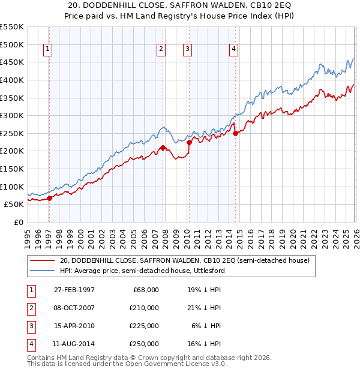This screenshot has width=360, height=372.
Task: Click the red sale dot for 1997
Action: [50, 198]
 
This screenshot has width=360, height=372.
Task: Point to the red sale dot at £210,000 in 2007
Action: [163, 148]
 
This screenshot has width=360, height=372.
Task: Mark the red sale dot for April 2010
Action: [189, 142]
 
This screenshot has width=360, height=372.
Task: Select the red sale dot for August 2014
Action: [235, 133]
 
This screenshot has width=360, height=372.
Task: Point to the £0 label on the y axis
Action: [19, 222]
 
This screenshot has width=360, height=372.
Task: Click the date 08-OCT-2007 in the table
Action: [74, 308]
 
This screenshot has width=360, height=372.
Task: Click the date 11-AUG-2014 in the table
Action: [74, 344]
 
